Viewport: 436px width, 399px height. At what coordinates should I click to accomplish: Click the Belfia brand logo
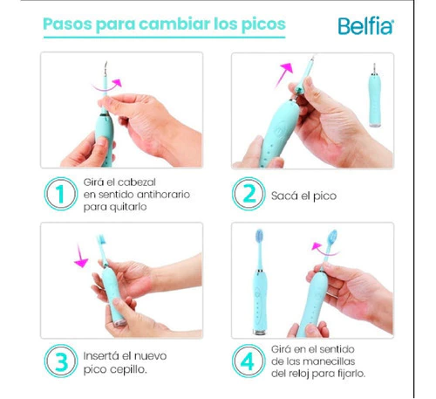(365, 26)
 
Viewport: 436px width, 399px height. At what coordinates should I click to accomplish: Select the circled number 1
(61, 194)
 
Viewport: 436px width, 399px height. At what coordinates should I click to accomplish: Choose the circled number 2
(249, 194)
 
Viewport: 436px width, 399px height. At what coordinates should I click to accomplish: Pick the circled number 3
(61, 361)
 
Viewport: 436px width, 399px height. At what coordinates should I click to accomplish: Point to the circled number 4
(249, 361)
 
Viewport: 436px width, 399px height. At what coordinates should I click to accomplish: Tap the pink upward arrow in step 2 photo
(283, 74)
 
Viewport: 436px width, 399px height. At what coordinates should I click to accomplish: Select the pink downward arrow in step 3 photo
(81, 256)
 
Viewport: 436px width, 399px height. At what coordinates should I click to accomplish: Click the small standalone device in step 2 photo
(374, 95)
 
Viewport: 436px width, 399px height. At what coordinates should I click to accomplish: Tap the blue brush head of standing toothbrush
(259, 236)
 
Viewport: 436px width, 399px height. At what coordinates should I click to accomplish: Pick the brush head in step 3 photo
(101, 240)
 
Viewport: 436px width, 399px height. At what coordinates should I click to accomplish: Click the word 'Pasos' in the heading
(68, 24)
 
